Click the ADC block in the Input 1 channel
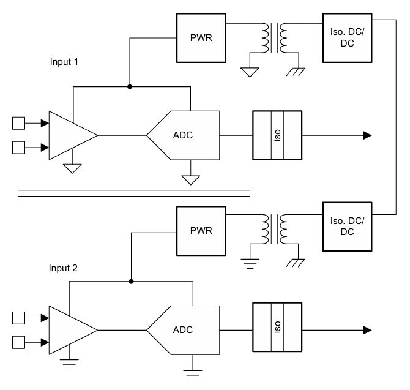pos(183,135)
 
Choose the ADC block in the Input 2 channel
pos(183,329)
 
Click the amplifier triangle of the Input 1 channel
pos(69,135)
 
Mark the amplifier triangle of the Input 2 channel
pos(69,329)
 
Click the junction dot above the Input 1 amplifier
pos(129,87)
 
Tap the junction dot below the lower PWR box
pos(132,282)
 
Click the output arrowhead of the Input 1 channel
pos(367,135)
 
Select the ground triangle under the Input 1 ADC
pos(191,179)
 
